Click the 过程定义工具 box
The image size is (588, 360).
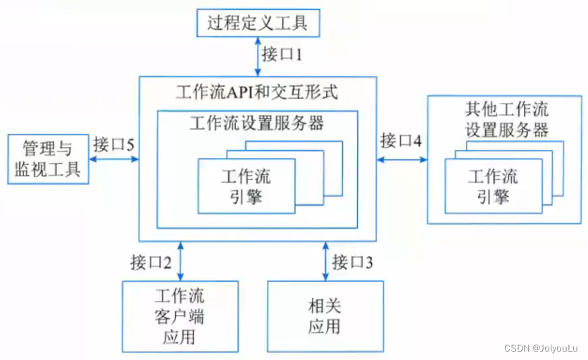[x=257, y=23]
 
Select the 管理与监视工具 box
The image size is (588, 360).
[x=48, y=159]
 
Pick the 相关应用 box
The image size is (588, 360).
[x=325, y=316]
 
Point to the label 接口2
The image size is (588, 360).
[x=151, y=263]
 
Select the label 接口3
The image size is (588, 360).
[x=353, y=263]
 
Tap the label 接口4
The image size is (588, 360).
[x=401, y=140]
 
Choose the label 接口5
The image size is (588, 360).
[x=113, y=145]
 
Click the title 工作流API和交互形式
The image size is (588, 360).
[x=257, y=92]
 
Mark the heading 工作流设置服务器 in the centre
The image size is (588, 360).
[x=257, y=123]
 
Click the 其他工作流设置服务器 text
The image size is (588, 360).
[x=506, y=120]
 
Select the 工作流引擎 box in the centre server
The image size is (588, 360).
[x=246, y=185]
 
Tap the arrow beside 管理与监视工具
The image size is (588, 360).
[x=114, y=159]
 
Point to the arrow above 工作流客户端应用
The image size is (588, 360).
[x=182, y=261]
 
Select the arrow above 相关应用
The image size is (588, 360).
[x=325, y=261]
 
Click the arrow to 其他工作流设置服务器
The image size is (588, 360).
[x=401, y=159]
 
